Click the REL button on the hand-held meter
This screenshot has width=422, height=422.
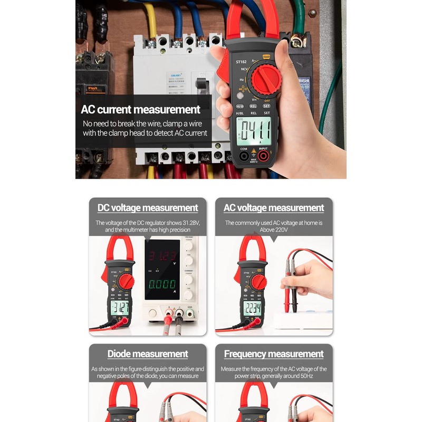pos(253,105)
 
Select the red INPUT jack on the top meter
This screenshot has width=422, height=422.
pos(262,156)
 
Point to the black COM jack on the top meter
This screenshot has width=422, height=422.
pos(244,156)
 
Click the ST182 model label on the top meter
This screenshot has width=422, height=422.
pos(241,62)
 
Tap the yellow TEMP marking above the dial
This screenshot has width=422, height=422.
pos(266,57)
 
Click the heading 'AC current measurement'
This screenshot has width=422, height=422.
pos(140,110)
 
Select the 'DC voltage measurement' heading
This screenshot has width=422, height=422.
pos(148,208)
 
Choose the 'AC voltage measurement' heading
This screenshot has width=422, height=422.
pos(274,208)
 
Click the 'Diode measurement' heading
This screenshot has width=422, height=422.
pos(148,354)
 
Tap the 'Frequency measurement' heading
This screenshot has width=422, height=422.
pos(274,354)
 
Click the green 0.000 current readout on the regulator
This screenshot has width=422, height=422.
pos(162,284)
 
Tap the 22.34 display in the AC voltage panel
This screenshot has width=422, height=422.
pos(252,309)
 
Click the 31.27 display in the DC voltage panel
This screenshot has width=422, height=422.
pos(120,308)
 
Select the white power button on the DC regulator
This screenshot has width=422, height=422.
pos(153,313)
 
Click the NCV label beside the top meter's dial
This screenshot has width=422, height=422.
pos(244,70)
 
